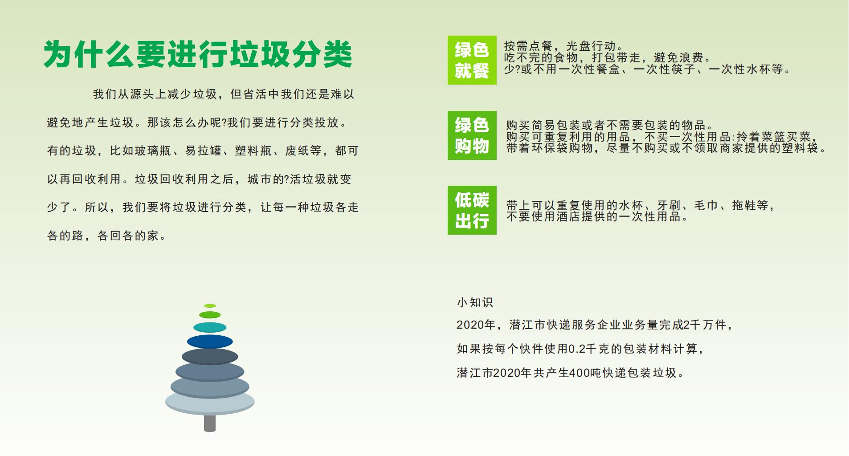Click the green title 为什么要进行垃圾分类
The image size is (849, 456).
198,54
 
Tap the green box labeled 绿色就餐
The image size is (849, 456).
472,60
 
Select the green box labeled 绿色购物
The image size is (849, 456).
472,135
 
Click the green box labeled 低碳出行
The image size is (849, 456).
472,210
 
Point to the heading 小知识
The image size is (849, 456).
475,303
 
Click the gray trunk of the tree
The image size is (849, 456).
210,423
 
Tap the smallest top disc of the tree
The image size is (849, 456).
210,306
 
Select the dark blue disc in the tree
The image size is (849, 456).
210,342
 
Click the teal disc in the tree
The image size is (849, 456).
210,327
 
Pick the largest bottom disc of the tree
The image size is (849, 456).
210,402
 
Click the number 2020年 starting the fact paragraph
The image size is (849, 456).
476,325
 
